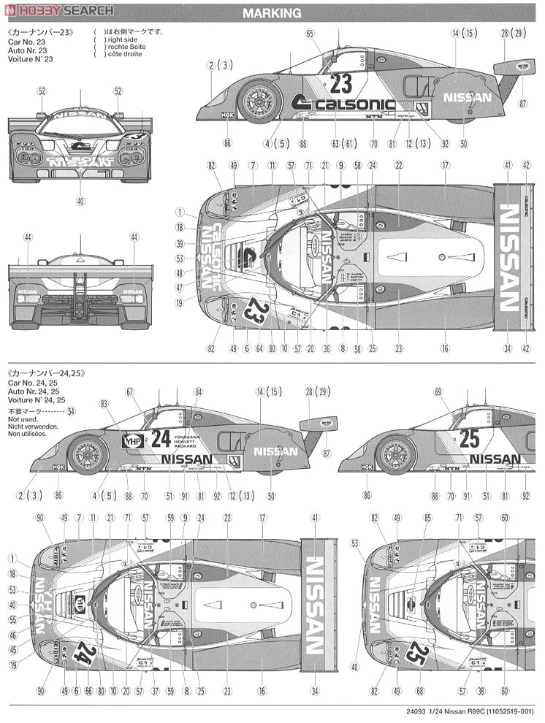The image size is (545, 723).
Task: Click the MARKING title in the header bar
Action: tap(272, 13)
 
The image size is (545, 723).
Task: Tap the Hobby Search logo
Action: tap(58, 9)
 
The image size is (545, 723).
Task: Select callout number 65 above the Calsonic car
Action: tap(310, 34)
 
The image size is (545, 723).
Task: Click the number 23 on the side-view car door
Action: tap(340, 83)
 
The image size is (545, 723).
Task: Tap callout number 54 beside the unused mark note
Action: tap(71, 412)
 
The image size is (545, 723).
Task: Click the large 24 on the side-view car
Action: tap(161, 438)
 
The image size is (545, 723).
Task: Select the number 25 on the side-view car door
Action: tap(470, 438)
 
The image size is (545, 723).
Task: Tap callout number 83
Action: tap(104, 402)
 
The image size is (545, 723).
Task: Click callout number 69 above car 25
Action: tap(438, 392)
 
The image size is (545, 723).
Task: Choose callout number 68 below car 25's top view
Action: tap(419, 692)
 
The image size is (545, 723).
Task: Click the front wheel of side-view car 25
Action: tap(396, 453)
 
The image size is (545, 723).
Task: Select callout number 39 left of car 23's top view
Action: tap(180, 245)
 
